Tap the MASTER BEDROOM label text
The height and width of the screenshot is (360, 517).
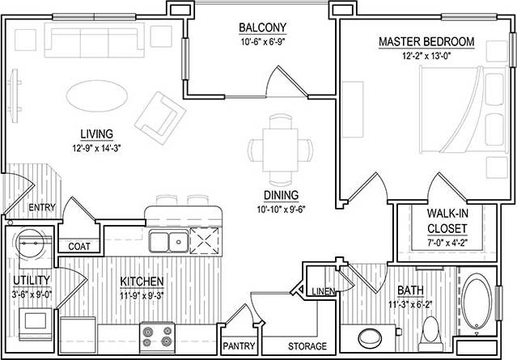(x=426, y=42)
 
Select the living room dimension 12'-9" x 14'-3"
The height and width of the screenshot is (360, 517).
(x=96, y=147)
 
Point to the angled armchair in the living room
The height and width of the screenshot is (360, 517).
(x=159, y=113)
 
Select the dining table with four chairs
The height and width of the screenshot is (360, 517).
(x=281, y=147)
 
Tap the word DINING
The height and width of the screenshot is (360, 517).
(x=281, y=195)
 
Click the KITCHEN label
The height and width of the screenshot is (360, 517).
(x=142, y=281)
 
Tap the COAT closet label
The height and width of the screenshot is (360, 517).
(x=78, y=247)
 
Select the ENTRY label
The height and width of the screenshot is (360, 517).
(x=41, y=208)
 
